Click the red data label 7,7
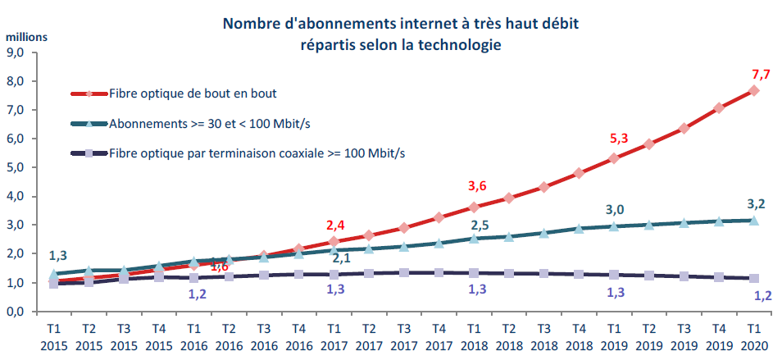pos(761,75)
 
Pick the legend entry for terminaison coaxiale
pos(246,153)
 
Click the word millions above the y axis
pos(27,36)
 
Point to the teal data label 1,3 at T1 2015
pos(57,256)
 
